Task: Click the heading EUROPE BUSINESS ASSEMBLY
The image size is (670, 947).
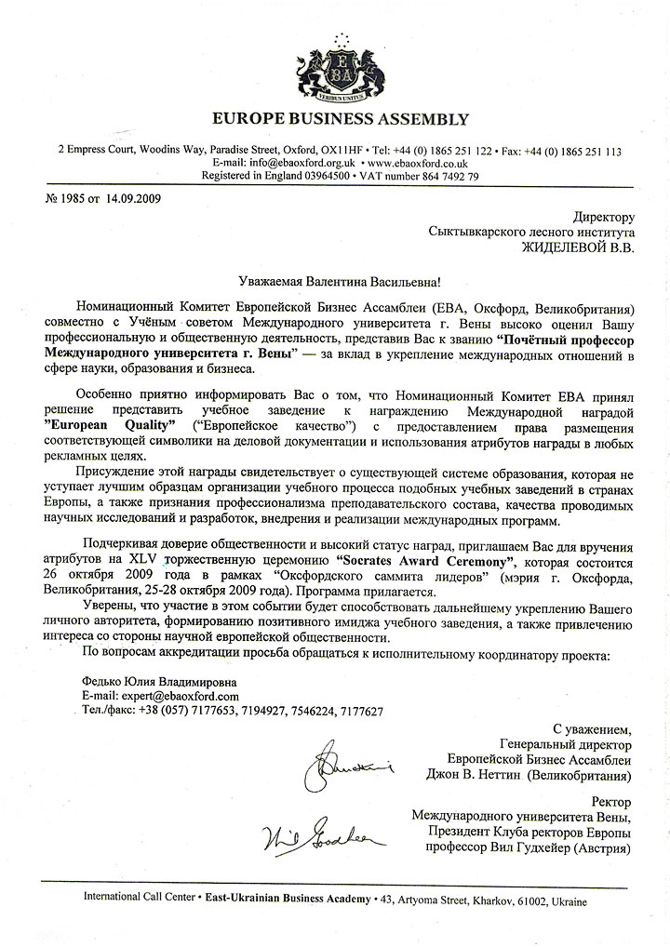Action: [x=341, y=119]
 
